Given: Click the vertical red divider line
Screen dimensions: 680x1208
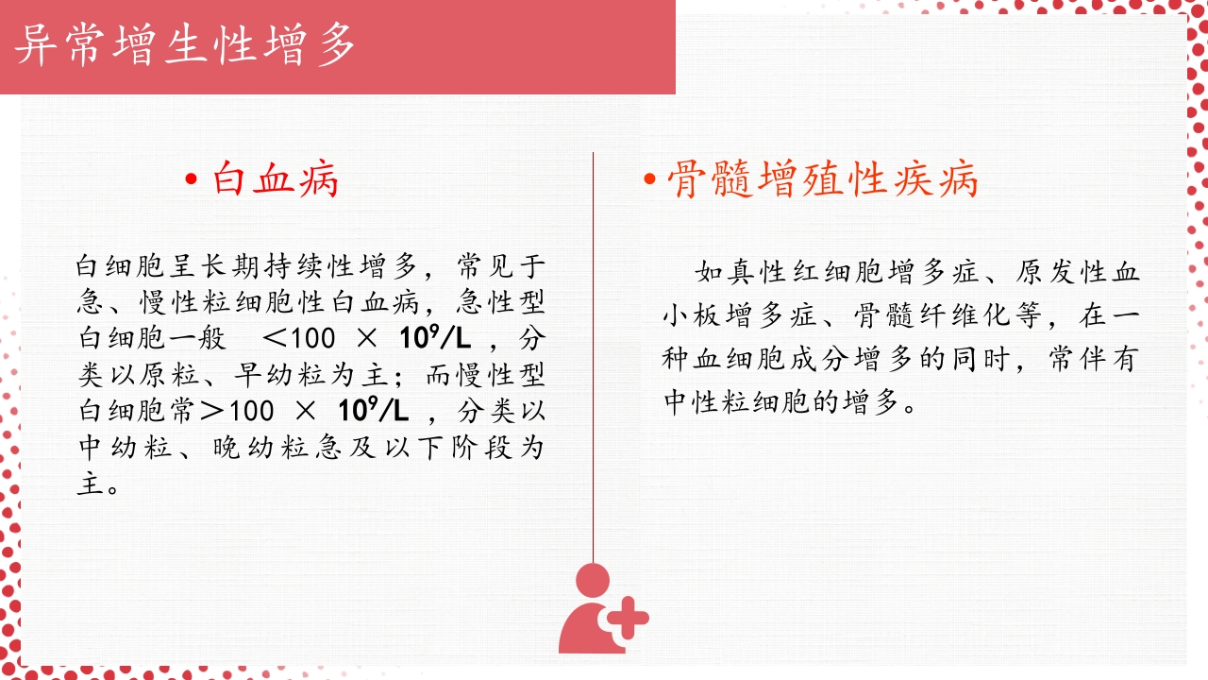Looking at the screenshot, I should click(x=593, y=359).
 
